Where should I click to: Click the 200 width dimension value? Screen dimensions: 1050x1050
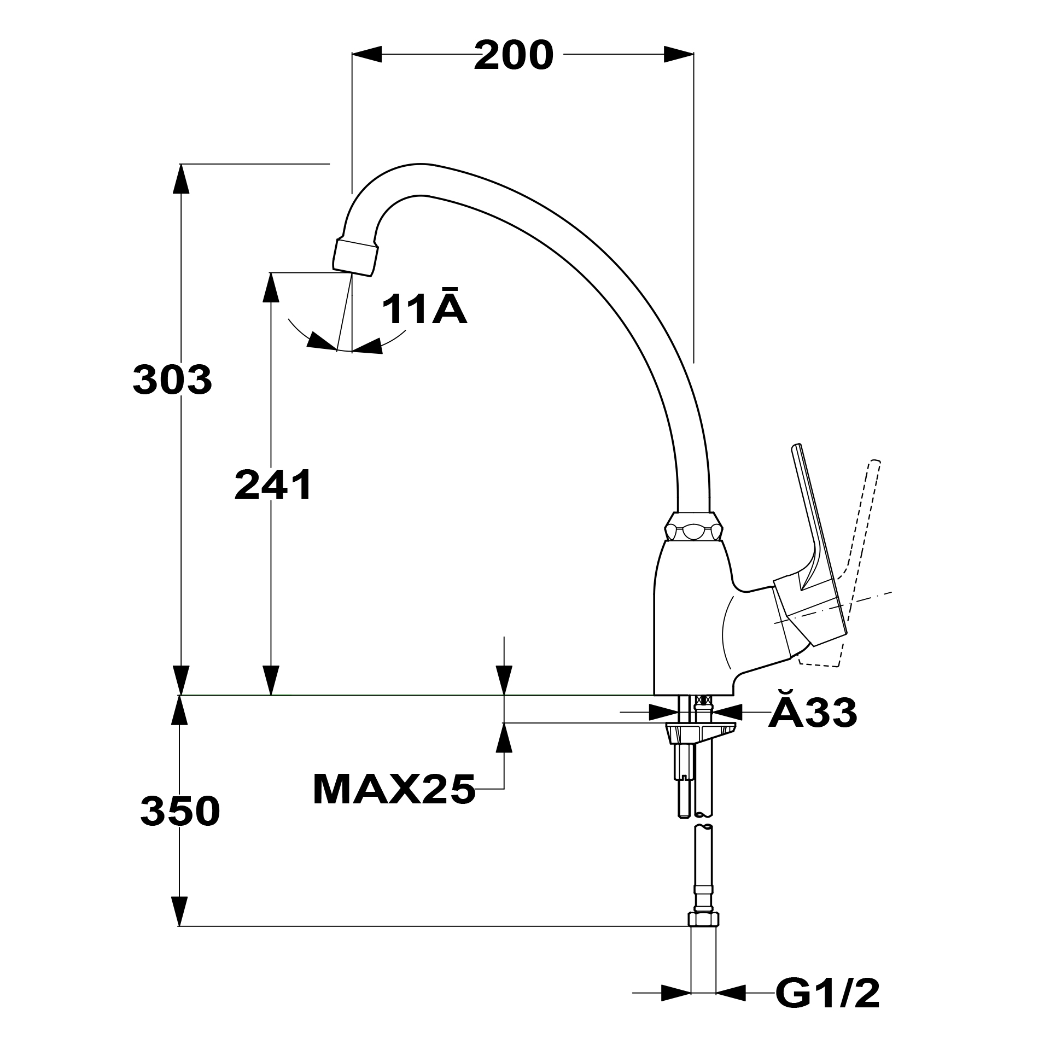[514, 56]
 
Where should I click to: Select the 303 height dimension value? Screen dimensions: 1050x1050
[172, 380]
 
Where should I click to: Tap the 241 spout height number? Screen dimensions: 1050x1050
[273, 485]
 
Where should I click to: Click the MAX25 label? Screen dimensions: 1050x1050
[394, 790]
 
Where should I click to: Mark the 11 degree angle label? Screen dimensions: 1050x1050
[424, 308]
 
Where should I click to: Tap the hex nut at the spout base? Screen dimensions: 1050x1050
[693, 528]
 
